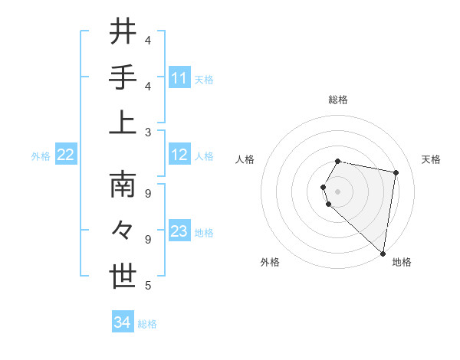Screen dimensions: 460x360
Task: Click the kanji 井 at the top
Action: tap(123, 32)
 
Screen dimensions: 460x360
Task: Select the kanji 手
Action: tap(123, 78)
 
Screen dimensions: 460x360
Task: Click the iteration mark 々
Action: tap(123, 231)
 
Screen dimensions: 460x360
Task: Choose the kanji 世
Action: tap(123, 277)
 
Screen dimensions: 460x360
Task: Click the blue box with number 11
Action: tap(179, 78)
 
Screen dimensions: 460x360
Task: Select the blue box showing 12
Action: tap(179, 155)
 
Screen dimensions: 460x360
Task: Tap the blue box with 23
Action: tap(179, 231)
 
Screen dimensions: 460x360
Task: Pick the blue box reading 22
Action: tap(66, 155)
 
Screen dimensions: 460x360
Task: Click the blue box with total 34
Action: tap(123, 322)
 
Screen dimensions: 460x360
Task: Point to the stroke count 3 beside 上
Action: tap(148, 132)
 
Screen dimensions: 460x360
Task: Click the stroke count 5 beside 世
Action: tap(148, 286)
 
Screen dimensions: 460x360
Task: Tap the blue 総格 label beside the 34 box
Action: tap(147, 324)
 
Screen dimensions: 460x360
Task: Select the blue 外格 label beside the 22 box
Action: tap(41, 156)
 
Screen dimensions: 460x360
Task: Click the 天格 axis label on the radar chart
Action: tap(431, 159)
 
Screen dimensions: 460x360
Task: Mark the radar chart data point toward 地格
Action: tap(383, 253)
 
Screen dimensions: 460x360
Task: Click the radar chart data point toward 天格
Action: tap(396, 172)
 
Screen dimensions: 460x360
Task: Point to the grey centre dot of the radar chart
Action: tap(338, 191)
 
